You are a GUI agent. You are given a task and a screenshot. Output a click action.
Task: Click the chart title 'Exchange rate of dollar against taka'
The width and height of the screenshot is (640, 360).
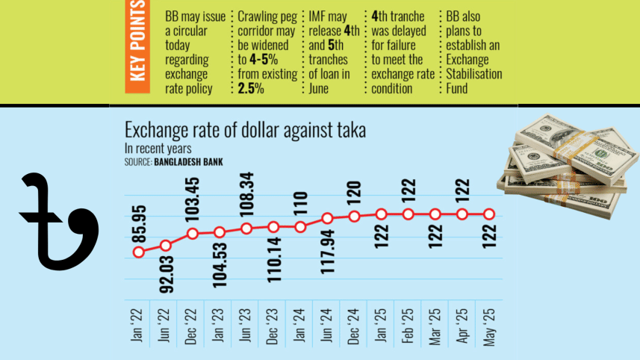pyautogui.click(x=245, y=130)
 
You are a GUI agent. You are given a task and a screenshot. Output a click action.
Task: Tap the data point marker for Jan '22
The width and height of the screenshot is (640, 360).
pyautogui.click(x=138, y=252)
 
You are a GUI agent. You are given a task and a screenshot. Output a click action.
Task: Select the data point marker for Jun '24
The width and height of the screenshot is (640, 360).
pyautogui.click(x=327, y=219)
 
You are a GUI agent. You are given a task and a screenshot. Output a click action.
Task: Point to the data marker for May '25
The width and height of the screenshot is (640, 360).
pyautogui.click(x=489, y=214)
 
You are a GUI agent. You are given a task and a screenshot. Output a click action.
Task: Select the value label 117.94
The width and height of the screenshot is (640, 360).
pyautogui.click(x=328, y=252)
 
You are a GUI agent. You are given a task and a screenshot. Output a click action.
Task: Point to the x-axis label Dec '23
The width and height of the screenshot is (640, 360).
pyautogui.click(x=273, y=326)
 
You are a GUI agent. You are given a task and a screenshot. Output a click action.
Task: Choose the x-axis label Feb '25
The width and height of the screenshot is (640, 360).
pyautogui.click(x=408, y=326)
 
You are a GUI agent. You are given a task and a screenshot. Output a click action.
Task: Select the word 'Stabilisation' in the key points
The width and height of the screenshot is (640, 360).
pyautogui.click(x=473, y=75)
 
